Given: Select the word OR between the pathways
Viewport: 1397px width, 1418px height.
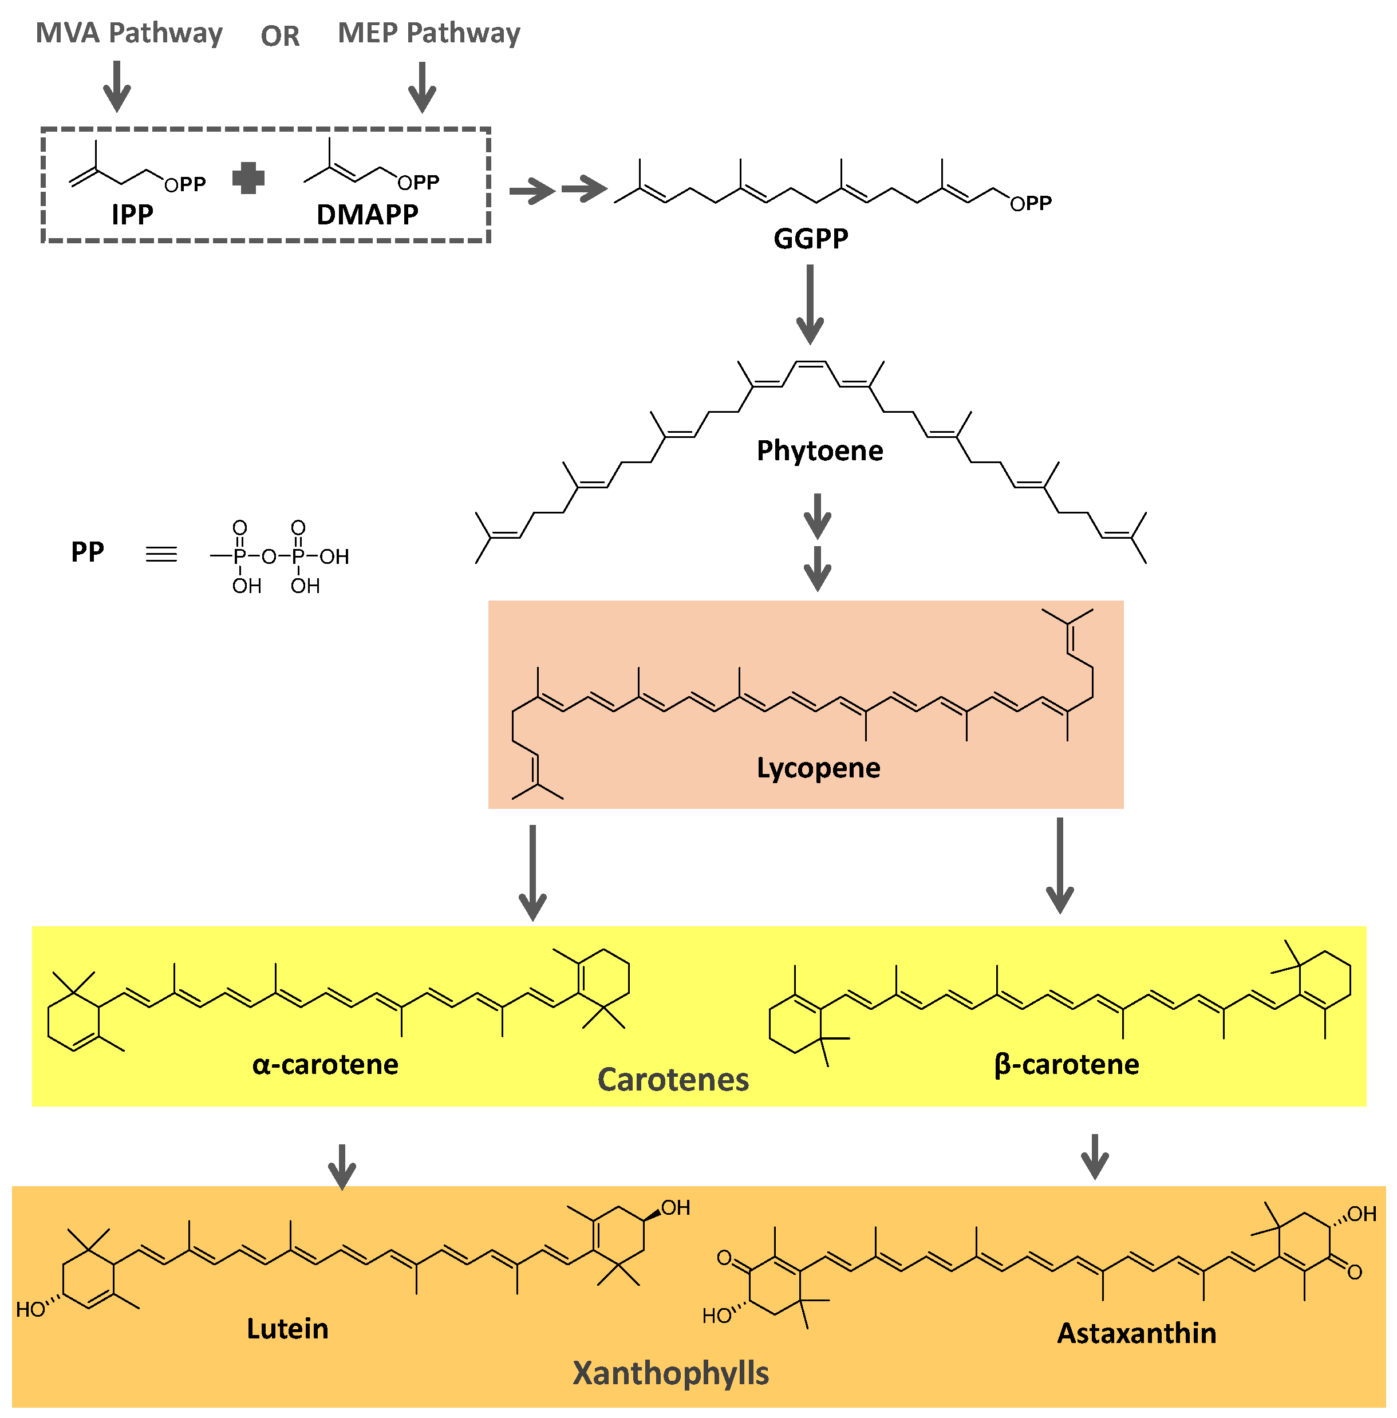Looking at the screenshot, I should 281,36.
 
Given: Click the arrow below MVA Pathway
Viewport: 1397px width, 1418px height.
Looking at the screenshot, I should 117,86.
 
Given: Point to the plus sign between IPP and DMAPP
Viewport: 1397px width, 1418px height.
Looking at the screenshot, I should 248,178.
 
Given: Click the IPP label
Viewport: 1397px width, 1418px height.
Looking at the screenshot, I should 132,214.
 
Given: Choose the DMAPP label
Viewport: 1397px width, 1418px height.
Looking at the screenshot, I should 367,214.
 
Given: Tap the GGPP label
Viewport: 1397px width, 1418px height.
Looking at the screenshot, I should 811,238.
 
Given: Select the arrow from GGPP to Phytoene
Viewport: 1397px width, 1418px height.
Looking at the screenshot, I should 810,304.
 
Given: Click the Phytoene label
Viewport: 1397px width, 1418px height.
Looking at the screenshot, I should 819,451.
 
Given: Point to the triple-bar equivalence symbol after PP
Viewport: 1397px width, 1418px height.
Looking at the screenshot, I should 161,554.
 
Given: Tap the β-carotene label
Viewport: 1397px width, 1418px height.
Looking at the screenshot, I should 1066,1064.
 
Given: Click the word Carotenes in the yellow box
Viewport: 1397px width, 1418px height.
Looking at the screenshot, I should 673,1080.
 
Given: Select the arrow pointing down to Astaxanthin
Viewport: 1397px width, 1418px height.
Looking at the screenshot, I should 1095,1157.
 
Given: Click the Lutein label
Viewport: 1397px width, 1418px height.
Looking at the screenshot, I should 287,1329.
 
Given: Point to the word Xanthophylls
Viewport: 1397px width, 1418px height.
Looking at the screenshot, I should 670,1373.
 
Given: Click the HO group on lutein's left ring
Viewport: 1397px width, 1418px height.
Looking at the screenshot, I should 31,1309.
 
